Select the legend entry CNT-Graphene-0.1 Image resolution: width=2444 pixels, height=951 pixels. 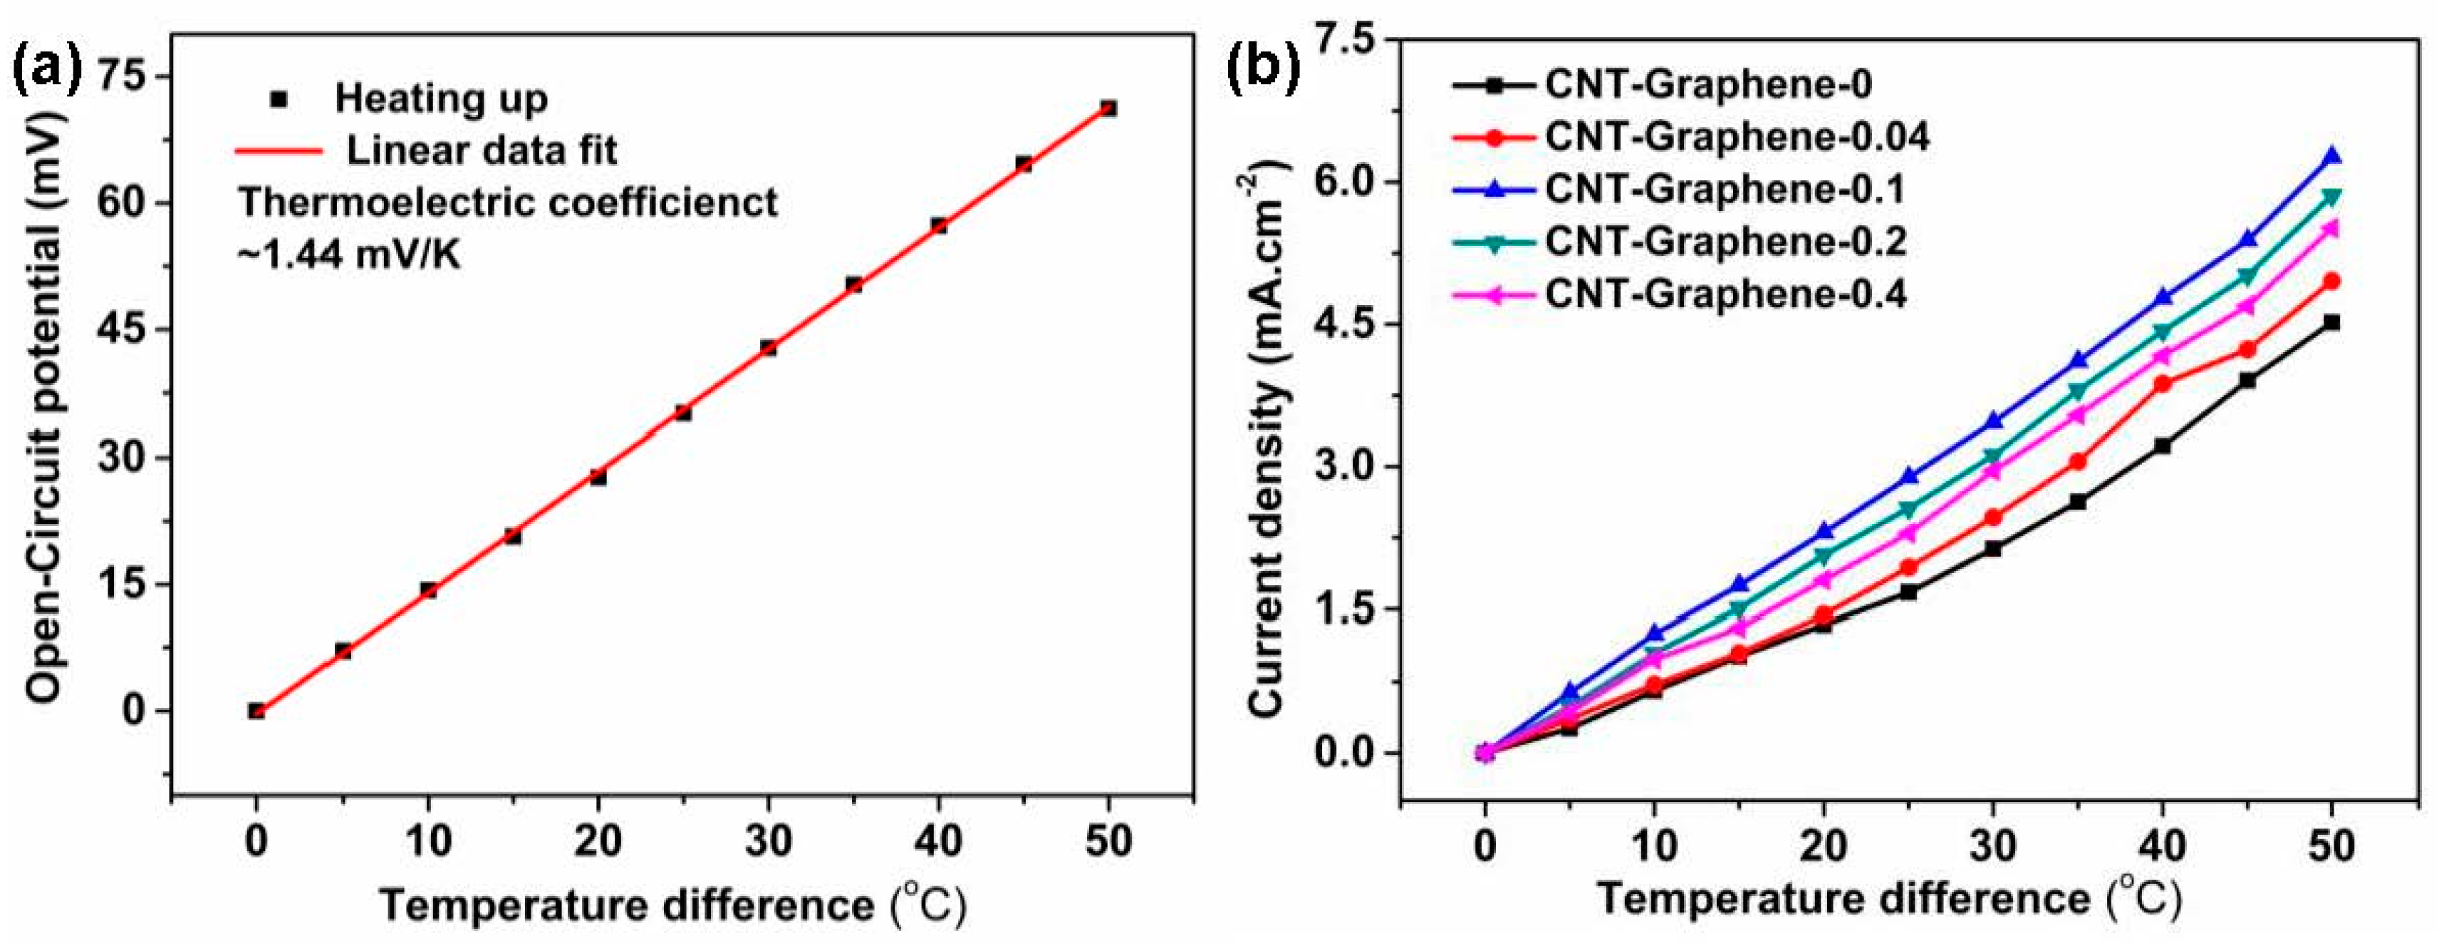point(1725,190)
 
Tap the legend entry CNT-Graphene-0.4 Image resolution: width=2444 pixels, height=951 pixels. point(1725,295)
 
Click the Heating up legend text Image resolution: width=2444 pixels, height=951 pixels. point(441,98)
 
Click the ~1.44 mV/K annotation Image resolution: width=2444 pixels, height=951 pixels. point(348,255)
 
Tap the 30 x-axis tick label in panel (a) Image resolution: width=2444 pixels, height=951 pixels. point(769,841)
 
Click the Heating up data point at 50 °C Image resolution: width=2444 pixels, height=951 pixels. point(1108,108)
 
